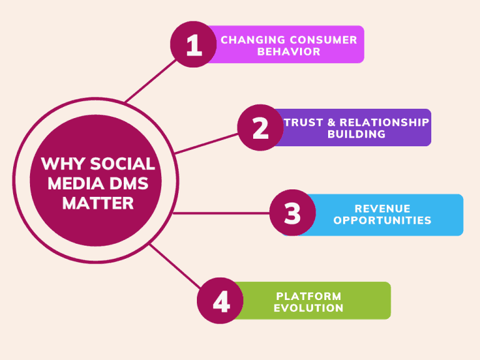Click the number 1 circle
pyautogui.click(x=194, y=44)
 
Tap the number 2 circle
pyautogui.click(x=261, y=127)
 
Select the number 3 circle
pyautogui.click(x=292, y=212)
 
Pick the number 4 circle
pyautogui.click(x=220, y=301)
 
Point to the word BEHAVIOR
pyautogui.click(x=289, y=51)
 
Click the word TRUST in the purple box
pyautogui.click(x=303, y=122)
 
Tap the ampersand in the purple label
pyautogui.click(x=331, y=122)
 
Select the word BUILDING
pyautogui.click(x=356, y=134)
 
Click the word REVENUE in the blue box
pyautogui.click(x=382, y=209)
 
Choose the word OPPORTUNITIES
pyautogui.click(x=382, y=220)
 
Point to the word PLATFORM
pyautogui.click(x=309, y=296)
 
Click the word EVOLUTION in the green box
pyautogui.click(x=309, y=308)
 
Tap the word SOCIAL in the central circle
pyautogui.click(x=122, y=164)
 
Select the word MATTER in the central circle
pyautogui.click(x=98, y=203)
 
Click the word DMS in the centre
pyautogui.click(x=129, y=183)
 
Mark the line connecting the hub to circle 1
pyautogui.click(x=151, y=81)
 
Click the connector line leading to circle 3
pyautogui.click(x=221, y=213)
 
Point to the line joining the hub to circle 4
pyautogui.click(x=175, y=266)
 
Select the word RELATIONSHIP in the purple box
pyautogui.click(x=384, y=122)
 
